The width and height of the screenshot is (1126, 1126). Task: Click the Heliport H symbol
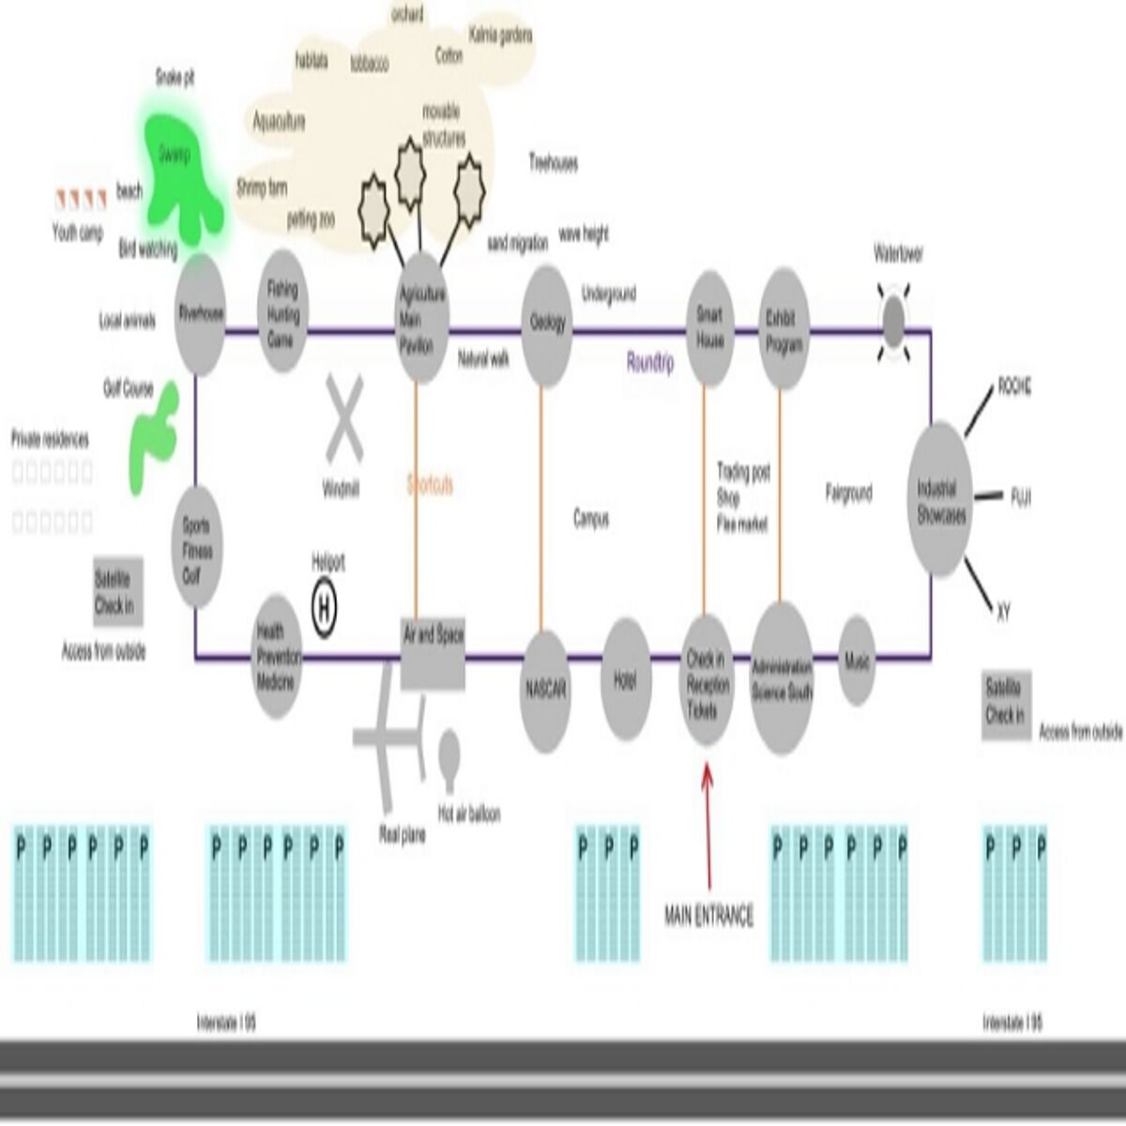pyautogui.click(x=325, y=610)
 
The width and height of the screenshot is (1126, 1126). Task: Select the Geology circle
pyautogui.click(x=546, y=326)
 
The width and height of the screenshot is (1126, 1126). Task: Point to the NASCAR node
pyautogui.click(x=545, y=691)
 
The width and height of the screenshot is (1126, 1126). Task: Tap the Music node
pyautogui.click(x=857, y=661)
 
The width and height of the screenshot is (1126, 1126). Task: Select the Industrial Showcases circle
pyautogui.click(x=941, y=501)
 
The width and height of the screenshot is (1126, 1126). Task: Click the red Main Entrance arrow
pyautogui.click(x=707, y=826)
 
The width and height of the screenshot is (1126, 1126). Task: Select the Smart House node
pyautogui.click(x=709, y=327)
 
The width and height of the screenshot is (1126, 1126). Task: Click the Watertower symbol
pyautogui.click(x=894, y=322)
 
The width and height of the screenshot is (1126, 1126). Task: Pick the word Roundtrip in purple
pyautogui.click(x=650, y=364)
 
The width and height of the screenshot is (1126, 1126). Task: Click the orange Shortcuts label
pyautogui.click(x=430, y=485)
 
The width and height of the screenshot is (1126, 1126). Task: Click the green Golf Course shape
pyautogui.click(x=152, y=434)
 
